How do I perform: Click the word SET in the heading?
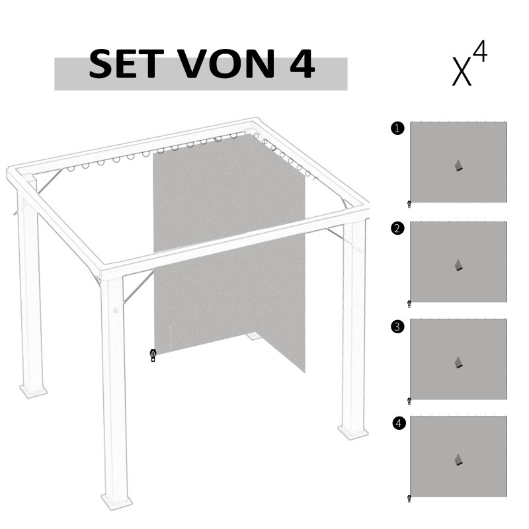point(125,65)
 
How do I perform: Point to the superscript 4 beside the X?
point(479,52)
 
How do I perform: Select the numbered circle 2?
point(397,229)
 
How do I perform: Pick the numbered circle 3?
point(397,326)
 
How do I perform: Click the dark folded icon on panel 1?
point(459,166)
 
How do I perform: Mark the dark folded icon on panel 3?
point(459,362)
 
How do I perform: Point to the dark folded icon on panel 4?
point(459,460)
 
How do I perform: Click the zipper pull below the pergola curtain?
point(153,356)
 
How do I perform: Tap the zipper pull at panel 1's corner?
point(409,204)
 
